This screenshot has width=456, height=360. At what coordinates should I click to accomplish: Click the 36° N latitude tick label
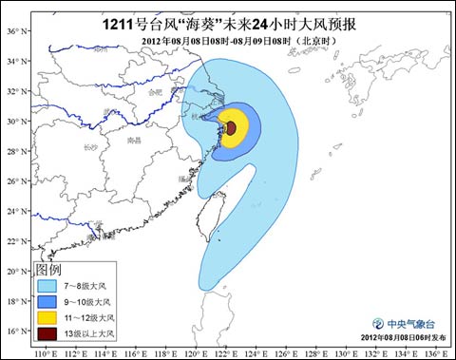pos(14,31)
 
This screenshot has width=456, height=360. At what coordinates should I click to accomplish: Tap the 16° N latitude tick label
pos(14,331)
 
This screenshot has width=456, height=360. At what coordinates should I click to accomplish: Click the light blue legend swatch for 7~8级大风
pos(47,284)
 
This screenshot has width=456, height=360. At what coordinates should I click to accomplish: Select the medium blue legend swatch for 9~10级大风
pos(47,300)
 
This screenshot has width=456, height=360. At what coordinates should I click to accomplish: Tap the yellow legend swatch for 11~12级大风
pos(47,317)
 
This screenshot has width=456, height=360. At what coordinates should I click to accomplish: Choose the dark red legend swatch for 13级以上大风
pos(47,333)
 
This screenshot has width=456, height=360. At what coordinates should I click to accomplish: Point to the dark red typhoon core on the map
pos(230,126)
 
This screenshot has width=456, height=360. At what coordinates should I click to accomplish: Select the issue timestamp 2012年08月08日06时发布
pos(404,338)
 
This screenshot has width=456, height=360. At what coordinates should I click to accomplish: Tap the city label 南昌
pos(134,140)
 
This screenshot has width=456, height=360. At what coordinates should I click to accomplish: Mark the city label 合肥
pos(156,92)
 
